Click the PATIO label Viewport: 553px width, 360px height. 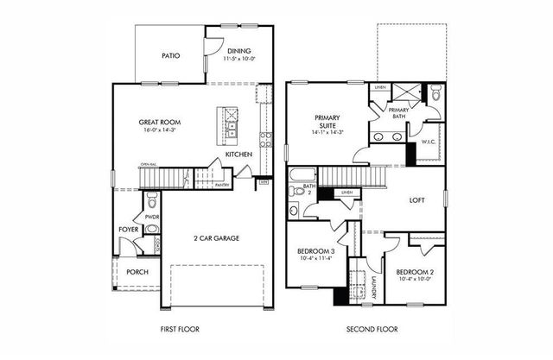(x=170, y=55)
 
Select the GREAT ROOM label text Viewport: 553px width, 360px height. (x=157, y=122)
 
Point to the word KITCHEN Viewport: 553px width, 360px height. (x=238, y=154)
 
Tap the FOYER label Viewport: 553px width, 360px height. (x=129, y=229)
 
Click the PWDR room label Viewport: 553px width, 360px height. (x=152, y=217)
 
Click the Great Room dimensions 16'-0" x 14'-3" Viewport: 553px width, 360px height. (x=157, y=132)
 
